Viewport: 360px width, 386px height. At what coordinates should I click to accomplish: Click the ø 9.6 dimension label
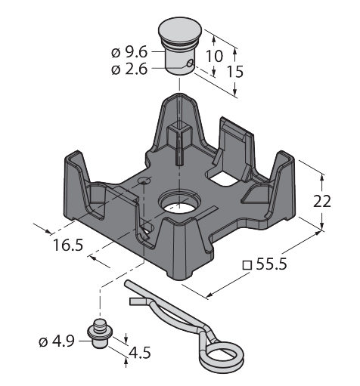(129, 52)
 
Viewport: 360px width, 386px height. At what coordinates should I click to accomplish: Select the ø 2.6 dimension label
(129, 69)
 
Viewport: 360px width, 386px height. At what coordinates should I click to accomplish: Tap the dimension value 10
(215, 56)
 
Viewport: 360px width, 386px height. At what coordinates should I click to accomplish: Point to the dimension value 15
(235, 72)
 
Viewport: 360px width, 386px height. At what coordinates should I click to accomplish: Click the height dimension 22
(321, 202)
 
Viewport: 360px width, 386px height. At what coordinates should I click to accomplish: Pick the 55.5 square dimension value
(272, 264)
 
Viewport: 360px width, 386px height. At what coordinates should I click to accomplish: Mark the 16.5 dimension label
(68, 245)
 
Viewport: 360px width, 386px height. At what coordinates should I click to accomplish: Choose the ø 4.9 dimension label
(57, 341)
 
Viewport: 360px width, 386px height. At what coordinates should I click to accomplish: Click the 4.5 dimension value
(140, 353)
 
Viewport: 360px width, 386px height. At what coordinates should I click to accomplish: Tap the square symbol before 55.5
(247, 265)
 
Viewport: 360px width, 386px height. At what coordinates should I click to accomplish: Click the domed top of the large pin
(180, 28)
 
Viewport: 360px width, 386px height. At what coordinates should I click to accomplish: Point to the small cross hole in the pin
(190, 63)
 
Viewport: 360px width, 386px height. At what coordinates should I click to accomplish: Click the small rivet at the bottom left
(100, 333)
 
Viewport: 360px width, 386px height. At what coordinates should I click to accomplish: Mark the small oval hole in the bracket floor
(144, 181)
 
